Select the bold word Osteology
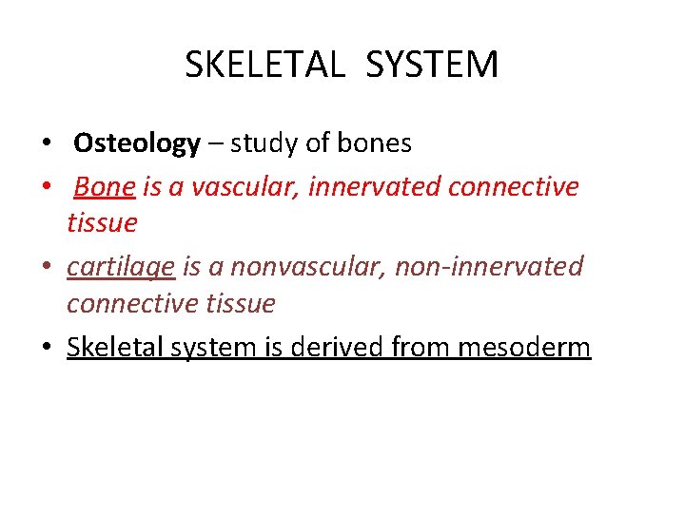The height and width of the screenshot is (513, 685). pos(137,143)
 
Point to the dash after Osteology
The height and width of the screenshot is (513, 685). pos(215,144)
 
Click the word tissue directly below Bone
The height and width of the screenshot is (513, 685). pos(102,223)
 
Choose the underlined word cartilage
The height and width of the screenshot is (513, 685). pos(121,268)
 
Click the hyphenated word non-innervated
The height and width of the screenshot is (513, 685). pos(487,267)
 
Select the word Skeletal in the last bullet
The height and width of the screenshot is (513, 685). pos(109,347)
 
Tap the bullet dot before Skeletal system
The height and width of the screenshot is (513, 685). pos(46,349)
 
